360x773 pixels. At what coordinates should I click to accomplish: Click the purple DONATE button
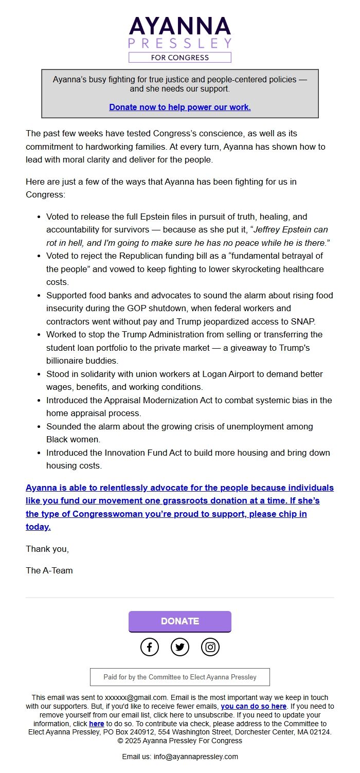click(x=179, y=621)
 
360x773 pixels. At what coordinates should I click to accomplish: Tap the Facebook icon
click(x=150, y=647)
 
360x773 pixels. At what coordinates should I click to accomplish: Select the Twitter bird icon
click(x=179, y=647)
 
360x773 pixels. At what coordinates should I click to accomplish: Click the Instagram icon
click(x=210, y=647)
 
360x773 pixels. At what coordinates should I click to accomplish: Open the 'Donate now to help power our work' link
click(x=179, y=107)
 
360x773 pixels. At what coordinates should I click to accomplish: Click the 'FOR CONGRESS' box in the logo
click(x=179, y=58)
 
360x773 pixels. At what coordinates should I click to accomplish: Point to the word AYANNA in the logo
click(x=179, y=26)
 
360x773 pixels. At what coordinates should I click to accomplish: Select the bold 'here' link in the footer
click(x=96, y=724)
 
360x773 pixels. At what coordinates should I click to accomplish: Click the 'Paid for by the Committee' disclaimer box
click(x=179, y=677)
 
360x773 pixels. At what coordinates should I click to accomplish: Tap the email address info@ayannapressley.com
click(x=196, y=757)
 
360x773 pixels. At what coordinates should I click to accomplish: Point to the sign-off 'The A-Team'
click(x=49, y=570)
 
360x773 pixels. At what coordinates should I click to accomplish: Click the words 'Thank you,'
click(x=47, y=549)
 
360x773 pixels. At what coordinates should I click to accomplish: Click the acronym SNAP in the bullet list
click(x=303, y=321)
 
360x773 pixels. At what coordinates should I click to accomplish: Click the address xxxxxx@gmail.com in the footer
click(x=136, y=697)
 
